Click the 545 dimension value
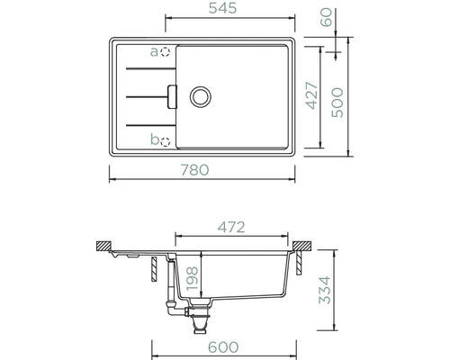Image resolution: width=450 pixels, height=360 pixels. coord(222,8)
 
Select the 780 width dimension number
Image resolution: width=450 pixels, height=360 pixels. coord(194,170)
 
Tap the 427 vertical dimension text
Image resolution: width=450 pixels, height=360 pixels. coord(312,95)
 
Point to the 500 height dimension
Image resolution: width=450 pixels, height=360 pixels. coord(337,103)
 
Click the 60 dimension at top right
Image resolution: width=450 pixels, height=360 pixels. coord(327,17)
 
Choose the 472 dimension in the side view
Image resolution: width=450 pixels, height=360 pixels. coord(231,228)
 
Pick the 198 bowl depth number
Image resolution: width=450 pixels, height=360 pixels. coord(192,279)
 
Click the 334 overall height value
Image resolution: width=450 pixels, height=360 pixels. coord(325,290)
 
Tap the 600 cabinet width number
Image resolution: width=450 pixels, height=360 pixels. coord(223,347)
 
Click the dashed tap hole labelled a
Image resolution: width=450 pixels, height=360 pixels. coord(165,52)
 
